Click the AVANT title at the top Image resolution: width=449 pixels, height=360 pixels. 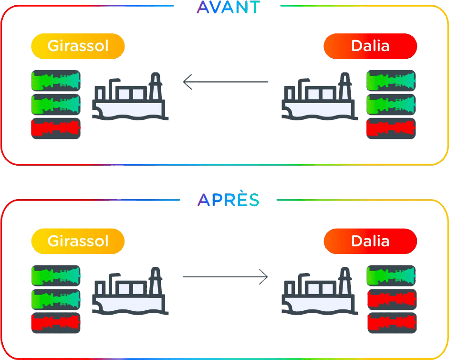(228, 7)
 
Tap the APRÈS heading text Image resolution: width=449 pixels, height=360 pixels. (228, 200)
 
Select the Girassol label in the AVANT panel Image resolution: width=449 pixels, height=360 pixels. (78, 46)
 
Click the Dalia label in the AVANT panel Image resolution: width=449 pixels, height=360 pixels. (370, 46)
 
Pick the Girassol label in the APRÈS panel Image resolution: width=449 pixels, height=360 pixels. (78, 240)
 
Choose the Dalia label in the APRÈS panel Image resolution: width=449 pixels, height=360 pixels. (370, 240)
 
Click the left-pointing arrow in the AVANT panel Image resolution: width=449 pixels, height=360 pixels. (226, 82)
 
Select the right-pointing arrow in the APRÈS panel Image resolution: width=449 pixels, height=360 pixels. (225, 276)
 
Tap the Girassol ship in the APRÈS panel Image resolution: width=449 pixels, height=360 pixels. (130, 291)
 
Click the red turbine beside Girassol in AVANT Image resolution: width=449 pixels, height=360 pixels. (55, 128)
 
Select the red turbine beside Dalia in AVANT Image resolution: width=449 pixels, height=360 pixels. (391, 128)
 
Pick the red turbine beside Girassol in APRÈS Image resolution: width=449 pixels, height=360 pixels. (55, 323)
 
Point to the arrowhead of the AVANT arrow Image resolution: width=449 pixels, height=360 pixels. (187, 82)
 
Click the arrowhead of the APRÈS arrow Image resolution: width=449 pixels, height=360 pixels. (264, 276)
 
